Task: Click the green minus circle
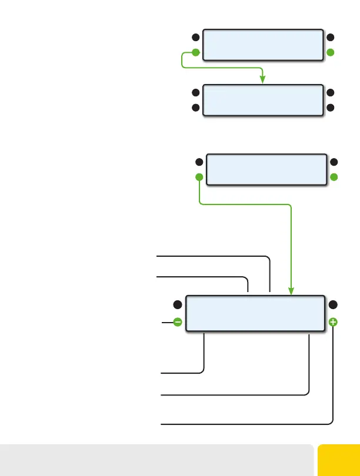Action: [x=177, y=322]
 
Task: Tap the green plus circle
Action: [x=333, y=322]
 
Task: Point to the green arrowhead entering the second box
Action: [x=262, y=79]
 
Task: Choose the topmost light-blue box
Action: [x=263, y=45]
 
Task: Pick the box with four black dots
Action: [x=263, y=100]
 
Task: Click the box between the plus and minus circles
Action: [x=255, y=314]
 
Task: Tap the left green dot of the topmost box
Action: [x=196, y=52]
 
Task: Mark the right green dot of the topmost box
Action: [x=330, y=52]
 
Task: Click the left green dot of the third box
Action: [x=199, y=177]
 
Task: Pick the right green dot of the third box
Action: [x=334, y=177]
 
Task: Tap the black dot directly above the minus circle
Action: [x=177, y=304]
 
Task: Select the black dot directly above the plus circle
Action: [x=333, y=304]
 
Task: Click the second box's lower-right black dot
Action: [x=330, y=108]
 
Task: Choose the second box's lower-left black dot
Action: [x=196, y=108]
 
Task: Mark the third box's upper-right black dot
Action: [x=334, y=162]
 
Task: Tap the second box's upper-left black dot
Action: [x=196, y=93]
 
